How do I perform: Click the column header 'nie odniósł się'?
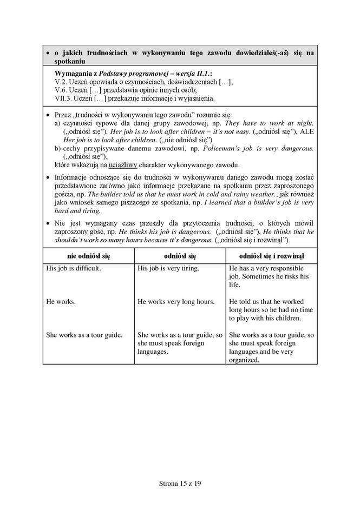[x=88, y=254]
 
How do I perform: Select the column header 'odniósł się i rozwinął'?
[x=271, y=254]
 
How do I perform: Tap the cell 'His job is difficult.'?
[x=74, y=268]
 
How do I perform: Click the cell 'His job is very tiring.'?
[x=168, y=268]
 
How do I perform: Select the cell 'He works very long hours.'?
[x=176, y=301]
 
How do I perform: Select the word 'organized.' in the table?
[x=245, y=359]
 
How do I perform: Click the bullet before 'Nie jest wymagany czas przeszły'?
[x=49, y=223]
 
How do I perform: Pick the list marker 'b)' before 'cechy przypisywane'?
[x=58, y=148]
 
